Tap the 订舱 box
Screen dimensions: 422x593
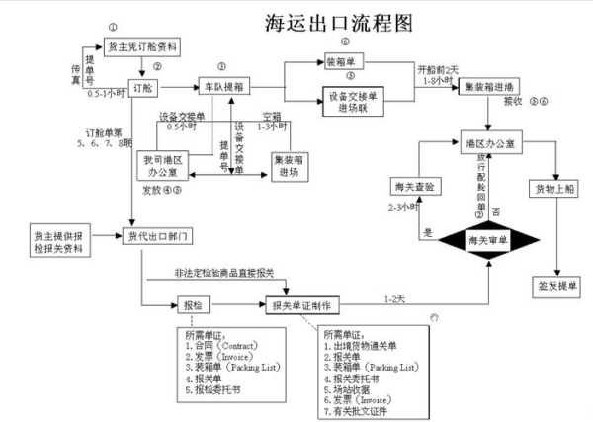tap(140, 86)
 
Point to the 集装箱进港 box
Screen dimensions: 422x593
tap(489, 87)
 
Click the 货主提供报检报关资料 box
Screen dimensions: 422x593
tap(58, 241)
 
